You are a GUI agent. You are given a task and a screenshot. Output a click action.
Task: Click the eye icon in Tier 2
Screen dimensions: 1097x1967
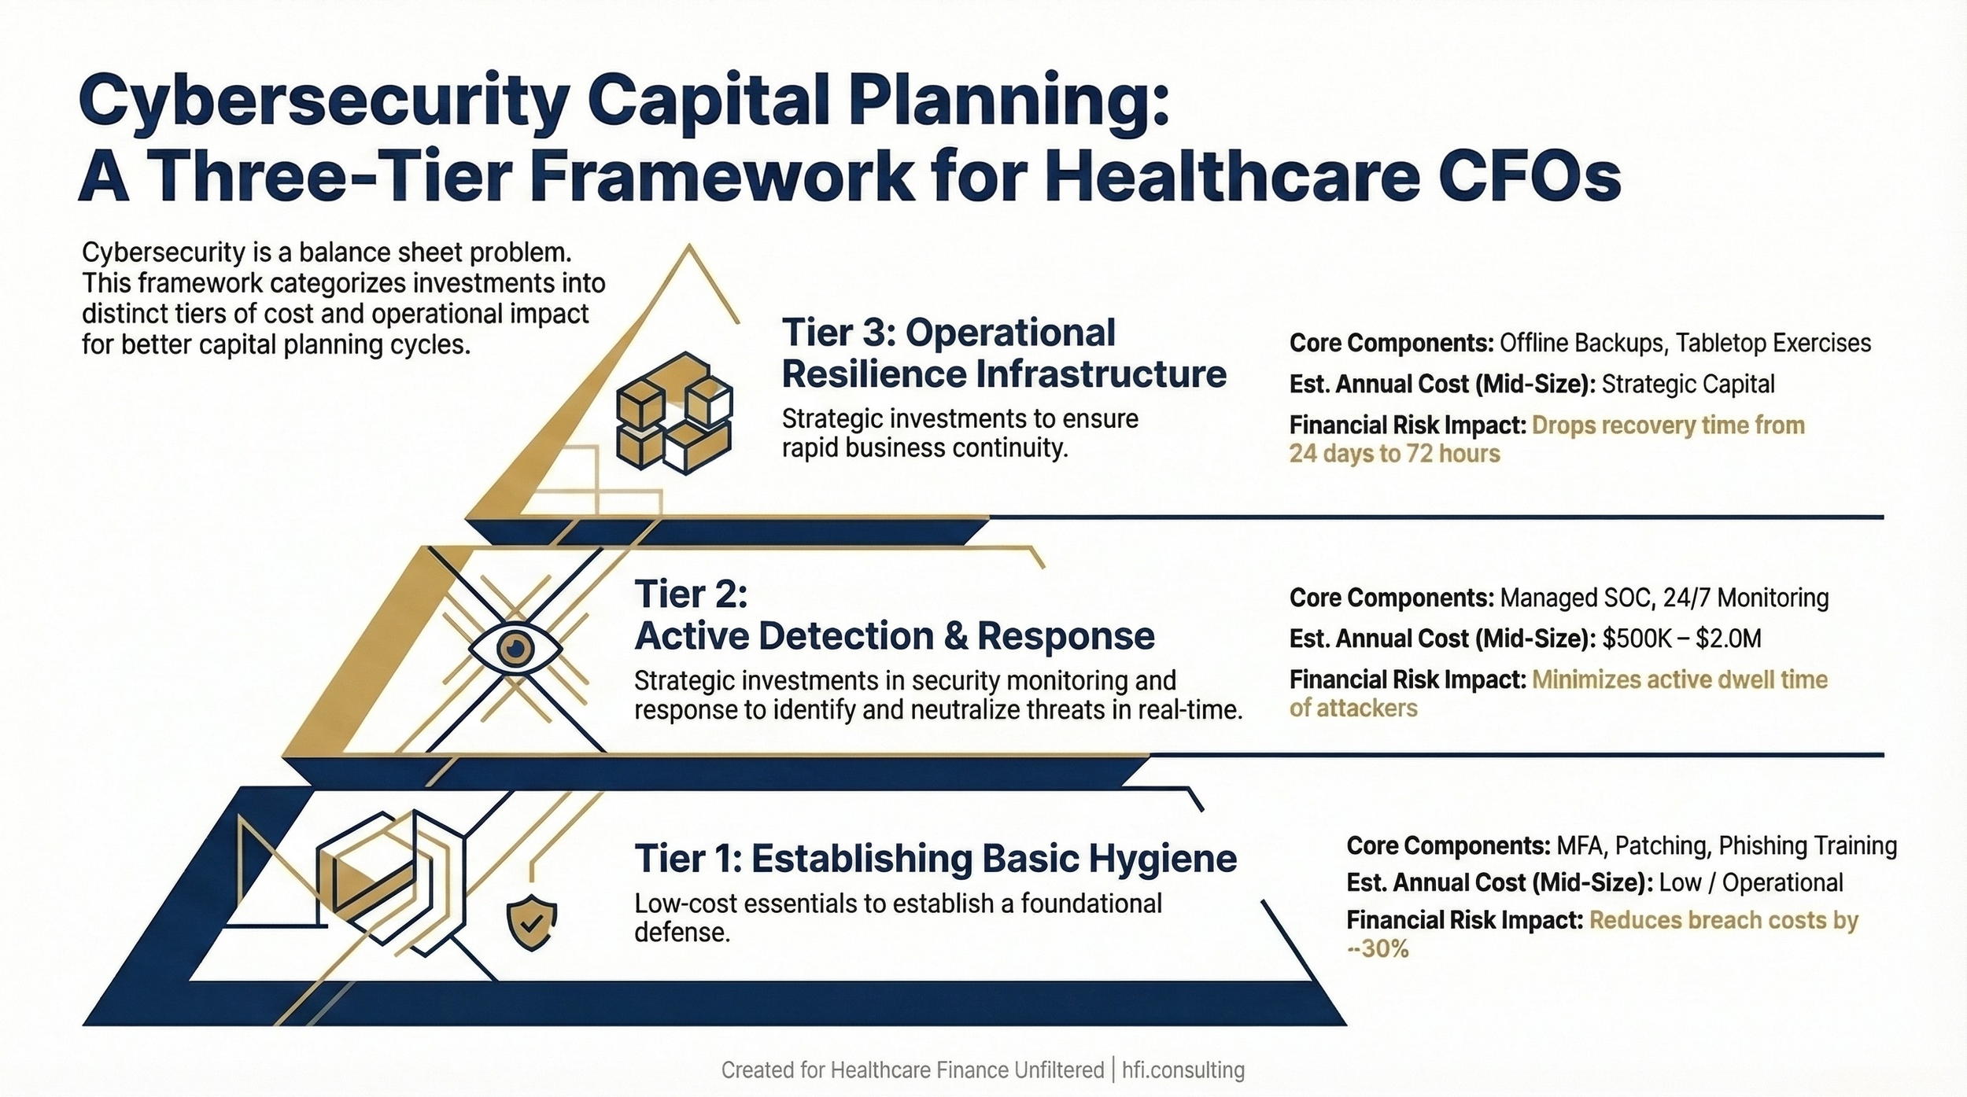(515, 649)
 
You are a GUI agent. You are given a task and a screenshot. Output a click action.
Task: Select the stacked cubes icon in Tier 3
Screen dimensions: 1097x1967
(674, 413)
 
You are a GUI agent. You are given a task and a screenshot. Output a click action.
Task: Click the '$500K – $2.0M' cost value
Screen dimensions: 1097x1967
(1681, 639)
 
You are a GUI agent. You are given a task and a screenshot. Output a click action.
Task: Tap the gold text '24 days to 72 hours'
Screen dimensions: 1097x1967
(1394, 454)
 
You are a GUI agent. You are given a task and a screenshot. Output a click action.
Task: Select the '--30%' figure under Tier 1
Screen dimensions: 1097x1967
(1377, 949)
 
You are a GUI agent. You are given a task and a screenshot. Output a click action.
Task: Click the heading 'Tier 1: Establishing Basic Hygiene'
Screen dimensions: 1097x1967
(935, 858)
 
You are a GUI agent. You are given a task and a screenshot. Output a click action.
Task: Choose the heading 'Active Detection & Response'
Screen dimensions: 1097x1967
(894, 635)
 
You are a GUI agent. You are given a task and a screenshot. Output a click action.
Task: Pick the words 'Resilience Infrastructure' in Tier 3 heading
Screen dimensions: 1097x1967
(1003, 374)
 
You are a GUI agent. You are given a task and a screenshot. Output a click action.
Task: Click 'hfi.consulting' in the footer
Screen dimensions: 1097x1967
(1183, 1070)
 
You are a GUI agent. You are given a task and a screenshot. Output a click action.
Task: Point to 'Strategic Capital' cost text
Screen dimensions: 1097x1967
(1688, 384)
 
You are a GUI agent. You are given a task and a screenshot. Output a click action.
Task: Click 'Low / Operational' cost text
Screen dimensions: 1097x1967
(1751, 882)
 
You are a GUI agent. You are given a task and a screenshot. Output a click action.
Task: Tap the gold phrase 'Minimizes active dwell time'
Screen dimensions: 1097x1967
(1679, 679)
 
